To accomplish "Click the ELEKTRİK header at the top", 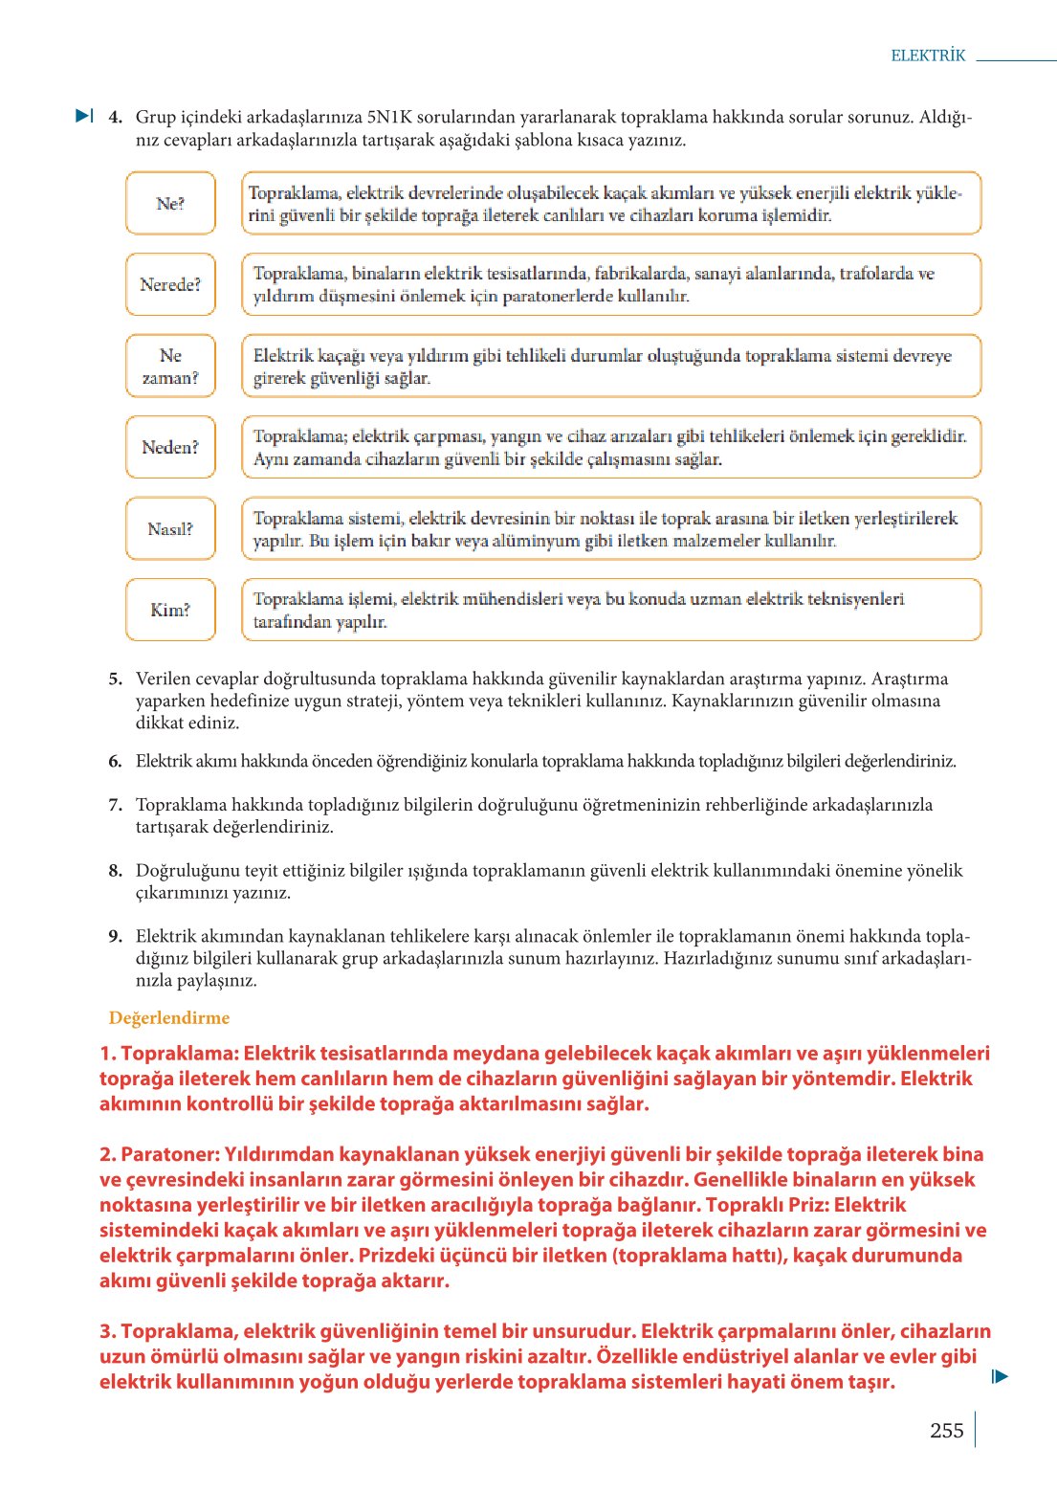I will (x=928, y=56).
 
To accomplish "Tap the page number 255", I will (x=946, y=1430).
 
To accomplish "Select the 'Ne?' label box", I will (x=170, y=203).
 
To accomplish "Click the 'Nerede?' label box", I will (x=170, y=284).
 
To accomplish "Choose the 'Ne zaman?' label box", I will (x=170, y=366).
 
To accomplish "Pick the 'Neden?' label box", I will (x=170, y=447).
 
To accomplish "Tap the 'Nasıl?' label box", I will (x=170, y=528).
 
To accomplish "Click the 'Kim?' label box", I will (x=170, y=610).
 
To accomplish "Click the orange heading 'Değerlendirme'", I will (x=169, y=1017).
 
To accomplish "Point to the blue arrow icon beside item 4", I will (x=84, y=116).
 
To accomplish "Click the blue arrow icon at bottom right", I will (x=1000, y=1376).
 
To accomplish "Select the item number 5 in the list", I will (x=115, y=679).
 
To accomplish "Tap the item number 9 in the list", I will (x=115, y=936).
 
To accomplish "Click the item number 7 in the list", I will (x=115, y=805).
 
